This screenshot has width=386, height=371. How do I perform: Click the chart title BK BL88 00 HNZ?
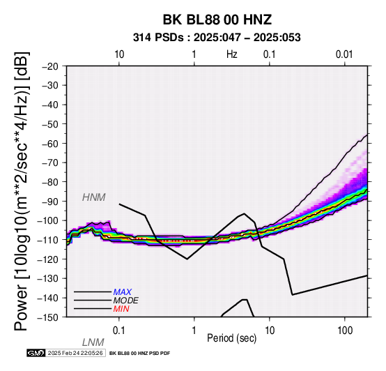(217, 20)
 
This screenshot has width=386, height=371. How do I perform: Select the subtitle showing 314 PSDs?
(217, 38)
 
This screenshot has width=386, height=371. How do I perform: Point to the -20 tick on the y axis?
(50, 66)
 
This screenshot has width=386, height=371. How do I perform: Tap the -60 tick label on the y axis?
(50, 144)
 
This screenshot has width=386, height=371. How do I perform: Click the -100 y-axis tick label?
(47, 220)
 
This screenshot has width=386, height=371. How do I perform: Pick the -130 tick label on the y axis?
(47, 278)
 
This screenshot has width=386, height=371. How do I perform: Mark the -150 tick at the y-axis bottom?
(47, 317)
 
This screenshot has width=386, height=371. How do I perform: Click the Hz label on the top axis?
(231, 54)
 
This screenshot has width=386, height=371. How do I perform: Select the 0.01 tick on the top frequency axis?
(344, 54)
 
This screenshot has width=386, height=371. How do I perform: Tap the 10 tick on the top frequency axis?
(119, 54)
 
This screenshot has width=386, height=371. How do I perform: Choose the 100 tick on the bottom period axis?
(345, 331)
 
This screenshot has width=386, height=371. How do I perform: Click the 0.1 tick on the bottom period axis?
(119, 331)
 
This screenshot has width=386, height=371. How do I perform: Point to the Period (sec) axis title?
(231, 338)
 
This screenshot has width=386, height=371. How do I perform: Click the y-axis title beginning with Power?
(22, 191)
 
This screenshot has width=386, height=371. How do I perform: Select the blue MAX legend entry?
(123, 292)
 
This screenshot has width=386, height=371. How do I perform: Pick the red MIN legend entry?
(121, 309)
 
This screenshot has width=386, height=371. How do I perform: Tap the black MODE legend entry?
(126, 301)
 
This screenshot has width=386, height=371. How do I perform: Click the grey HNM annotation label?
(94, 197)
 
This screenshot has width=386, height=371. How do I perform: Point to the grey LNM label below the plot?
(93, 342)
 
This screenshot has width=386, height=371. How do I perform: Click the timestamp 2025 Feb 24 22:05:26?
(75, 353)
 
